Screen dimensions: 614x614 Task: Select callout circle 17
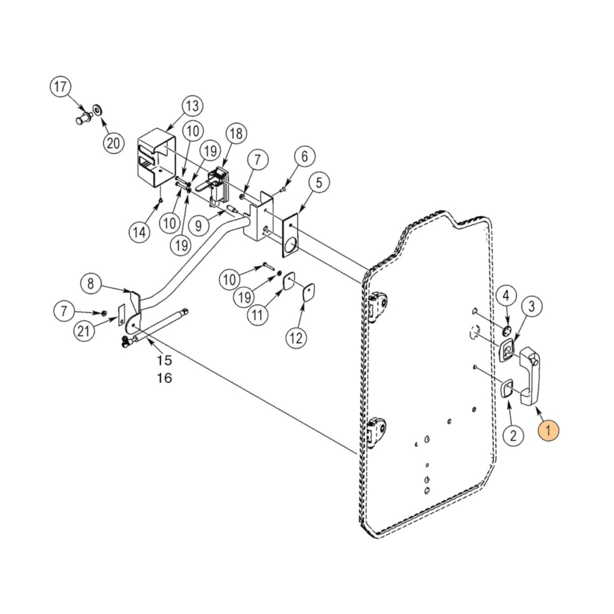tap(61, 87)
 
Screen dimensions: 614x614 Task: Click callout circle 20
tap(112, 143)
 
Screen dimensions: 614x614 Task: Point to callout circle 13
tap(192, 106)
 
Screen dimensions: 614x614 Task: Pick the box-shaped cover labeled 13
tap(153, 160)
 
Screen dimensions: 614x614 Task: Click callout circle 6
tap(304, 157)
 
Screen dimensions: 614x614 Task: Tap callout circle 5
tap(319, 182)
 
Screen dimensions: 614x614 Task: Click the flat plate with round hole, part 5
tap(290, 235)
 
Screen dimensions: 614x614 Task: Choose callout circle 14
tap(139, 232)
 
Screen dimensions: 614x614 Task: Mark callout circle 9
tap(198, 225)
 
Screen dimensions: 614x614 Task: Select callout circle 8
tap(91, 284)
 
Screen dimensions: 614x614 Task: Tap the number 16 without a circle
tap(164, 378)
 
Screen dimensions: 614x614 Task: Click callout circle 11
tap(258, 315)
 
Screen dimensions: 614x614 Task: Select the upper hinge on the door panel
tap(378, 305)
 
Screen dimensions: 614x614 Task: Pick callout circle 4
tap(505, 296)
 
